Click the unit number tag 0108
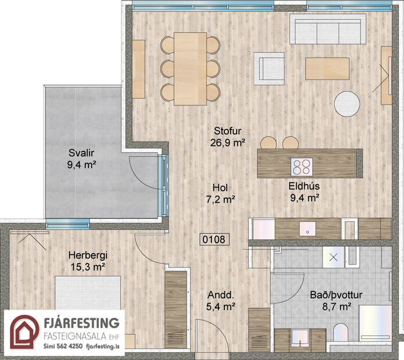click(213, 239)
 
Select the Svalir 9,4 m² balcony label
click(81, 159)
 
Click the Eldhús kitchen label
click(305, 192)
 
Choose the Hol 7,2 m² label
click(219, 193)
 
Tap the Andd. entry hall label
click(219, 300)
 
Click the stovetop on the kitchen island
click(302, 167)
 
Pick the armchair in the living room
click(269, 68)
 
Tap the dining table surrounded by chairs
click(190, 68)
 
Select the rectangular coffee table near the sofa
click(327, 68)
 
